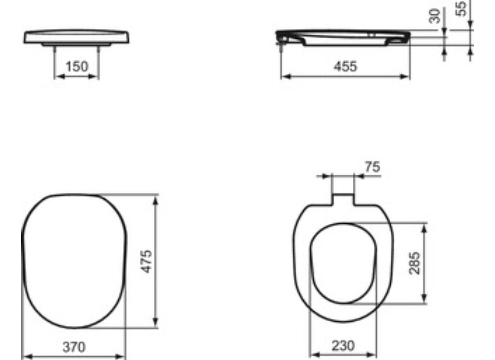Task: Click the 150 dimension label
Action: tap(76, 67)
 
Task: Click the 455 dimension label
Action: tap(345, 67)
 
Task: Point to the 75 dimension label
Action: tap(372, 166)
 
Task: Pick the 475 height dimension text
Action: tap(147, 261)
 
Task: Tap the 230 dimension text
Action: tap(343, 346)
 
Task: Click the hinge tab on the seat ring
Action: tap(343, 199)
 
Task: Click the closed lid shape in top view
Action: tap(74, 261)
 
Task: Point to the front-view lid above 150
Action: tap(77, 37)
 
